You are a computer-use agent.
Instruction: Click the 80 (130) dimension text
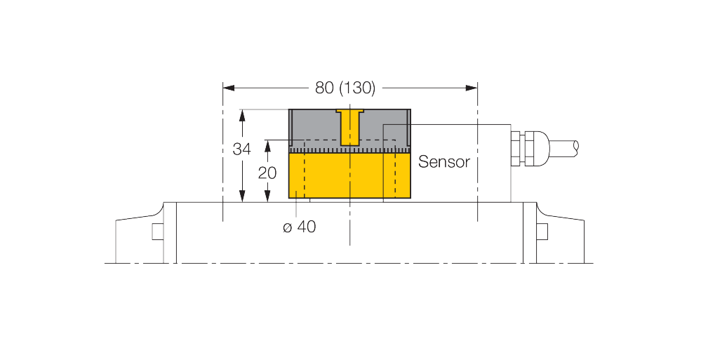pos(345,88)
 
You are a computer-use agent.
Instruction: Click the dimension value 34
pos(242,149)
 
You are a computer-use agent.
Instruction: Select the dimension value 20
pos(267,173)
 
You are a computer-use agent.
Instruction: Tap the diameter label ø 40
pos(299,227)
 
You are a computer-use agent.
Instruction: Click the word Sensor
pos(444,162)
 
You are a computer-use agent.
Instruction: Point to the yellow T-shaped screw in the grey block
pos(350,127)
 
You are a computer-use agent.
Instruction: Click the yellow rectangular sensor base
pos(349,175)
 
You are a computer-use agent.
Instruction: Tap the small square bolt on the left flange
pos(158,231)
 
